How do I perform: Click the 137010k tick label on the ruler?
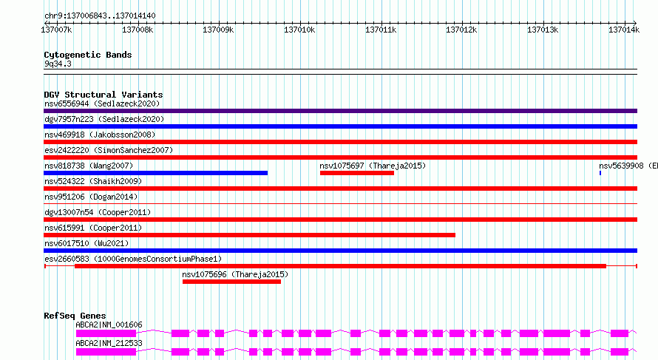coord(299,30)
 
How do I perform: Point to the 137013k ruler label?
coord(543,30)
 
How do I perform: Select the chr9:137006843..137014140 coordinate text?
coord(100,16)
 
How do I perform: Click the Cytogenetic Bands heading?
coord(88,55)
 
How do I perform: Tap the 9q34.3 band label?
coord(58,64)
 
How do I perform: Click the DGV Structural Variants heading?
coord(104,95)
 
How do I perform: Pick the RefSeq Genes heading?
coord(75,316)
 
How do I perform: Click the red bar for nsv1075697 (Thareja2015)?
coord(357,173)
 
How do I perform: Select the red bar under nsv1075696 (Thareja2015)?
coord(231,282)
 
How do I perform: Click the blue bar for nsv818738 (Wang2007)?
coord(156,173)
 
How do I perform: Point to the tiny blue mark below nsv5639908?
coord(600,173)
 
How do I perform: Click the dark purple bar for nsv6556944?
coord(340,111)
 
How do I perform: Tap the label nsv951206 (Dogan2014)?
coord(91,197)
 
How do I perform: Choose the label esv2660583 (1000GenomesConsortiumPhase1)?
coord(133,259)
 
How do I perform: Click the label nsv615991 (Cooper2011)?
coord(93,228)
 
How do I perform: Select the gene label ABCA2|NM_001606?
coord(109,325)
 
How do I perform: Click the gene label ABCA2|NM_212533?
coord(109,343)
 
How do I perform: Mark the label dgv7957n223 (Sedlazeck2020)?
coord(104,119)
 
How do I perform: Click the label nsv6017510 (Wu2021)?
coord(87,243)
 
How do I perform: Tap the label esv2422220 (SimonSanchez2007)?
coord(109,150)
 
